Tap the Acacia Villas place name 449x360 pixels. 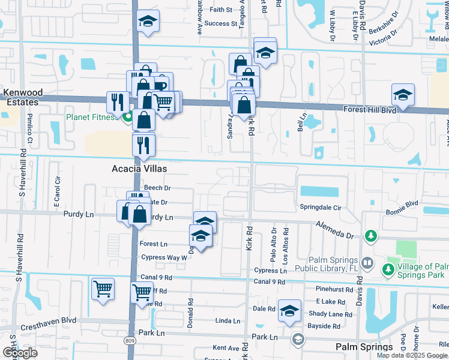139,169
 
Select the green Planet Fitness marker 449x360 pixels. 127,118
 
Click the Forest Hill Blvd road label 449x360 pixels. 370,110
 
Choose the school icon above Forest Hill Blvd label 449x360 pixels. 403,95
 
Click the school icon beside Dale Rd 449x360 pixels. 289,311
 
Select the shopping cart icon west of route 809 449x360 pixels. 103,289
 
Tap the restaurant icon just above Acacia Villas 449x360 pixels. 143,145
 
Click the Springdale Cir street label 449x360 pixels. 321,208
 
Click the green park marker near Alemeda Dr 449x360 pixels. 370,235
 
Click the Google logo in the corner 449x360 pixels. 20,353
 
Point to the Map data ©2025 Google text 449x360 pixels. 412,355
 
